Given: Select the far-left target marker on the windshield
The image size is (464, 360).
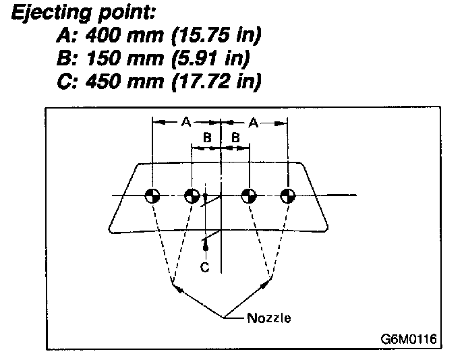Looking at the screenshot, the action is coord(153,196).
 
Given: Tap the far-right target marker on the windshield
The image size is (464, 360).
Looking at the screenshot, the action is coord(288,196).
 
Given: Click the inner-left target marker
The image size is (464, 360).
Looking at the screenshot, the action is coord(192,196).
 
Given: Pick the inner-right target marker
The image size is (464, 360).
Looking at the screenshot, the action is coord(250,196).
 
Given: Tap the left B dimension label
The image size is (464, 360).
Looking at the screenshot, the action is coord(208,138).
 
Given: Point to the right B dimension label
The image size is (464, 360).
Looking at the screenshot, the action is coord(235,138).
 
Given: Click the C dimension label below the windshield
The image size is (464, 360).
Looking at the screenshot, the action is coord(205,267).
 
